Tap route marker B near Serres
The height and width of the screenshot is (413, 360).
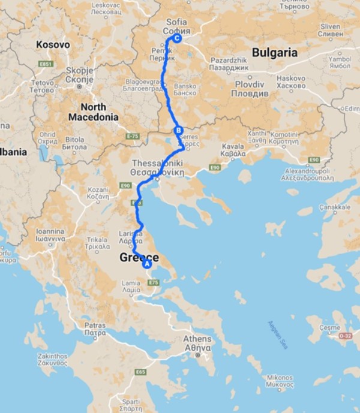pyautogui.click(x=177, y=131)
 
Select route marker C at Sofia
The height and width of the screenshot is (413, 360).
pyautogui.click(x=176, y=39)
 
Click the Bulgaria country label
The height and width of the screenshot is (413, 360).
pyautogui.click(x=275, y=53)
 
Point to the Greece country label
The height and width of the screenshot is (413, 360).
pyautogui.click(x=139, y=258)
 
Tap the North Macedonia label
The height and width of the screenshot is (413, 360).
pyautogui.click(x=92, y=112)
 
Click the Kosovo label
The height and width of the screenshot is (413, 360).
pyautogui.click(x=53, y=45)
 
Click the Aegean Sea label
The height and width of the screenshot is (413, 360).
pyautogui.click(x=275, y=336)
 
